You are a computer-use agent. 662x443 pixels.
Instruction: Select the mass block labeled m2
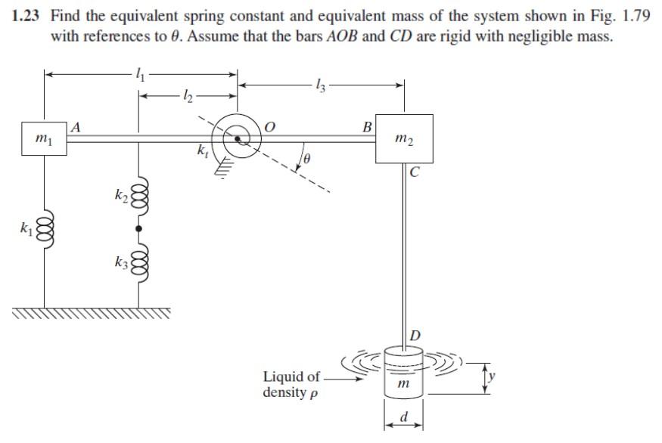point(404,138)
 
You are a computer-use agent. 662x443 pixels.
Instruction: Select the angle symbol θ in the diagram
point(309,158)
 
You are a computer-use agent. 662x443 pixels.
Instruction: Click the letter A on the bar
point(76,128)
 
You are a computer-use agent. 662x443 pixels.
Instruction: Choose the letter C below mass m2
point(414,172)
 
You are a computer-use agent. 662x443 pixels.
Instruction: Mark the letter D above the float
point(415,334)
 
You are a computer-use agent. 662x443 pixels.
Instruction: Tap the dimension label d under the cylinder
point(404,418)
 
